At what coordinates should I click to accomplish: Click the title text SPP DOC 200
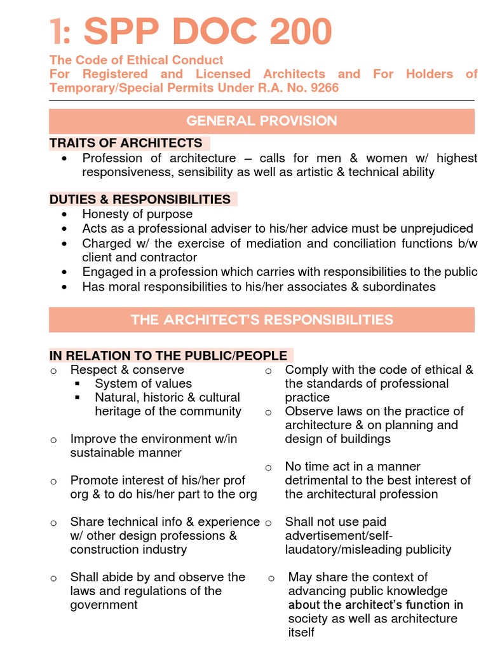[208, 31]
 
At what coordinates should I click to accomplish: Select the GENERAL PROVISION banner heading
[262, 121]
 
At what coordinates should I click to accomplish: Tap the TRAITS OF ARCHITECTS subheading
[126, 143]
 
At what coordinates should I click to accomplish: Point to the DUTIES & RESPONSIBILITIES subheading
[140, 200]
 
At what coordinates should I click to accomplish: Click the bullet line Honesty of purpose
[137, 214]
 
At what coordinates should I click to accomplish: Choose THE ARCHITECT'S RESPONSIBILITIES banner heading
[262, 320]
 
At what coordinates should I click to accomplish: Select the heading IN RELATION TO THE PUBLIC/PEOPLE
[168, 355]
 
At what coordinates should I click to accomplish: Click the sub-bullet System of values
[143, 383]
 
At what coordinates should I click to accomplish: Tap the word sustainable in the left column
[100, 453]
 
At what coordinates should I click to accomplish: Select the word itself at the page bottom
[301, 633]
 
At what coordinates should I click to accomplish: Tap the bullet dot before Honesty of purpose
[64, 215]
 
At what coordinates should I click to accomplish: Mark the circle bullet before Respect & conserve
[54, 371]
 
